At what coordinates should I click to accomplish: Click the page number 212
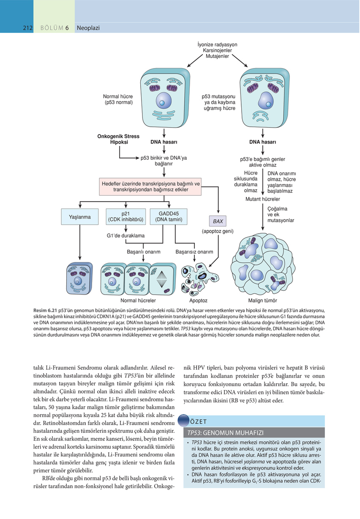[28, 28]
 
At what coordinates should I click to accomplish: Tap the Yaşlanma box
[80, 217]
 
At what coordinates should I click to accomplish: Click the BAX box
[218, 221]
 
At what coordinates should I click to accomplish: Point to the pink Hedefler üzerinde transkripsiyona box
[150, 187]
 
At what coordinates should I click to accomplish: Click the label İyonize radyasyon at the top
[217, 44]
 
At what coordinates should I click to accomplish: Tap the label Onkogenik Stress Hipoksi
[118, 139]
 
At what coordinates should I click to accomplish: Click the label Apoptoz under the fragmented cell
[198, 301]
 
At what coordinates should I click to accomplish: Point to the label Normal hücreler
[138, 301]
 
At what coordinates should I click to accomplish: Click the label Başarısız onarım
[194, 252]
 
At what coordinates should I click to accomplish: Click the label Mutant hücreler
[262, 199]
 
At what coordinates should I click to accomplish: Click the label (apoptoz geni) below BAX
[218, 231]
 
